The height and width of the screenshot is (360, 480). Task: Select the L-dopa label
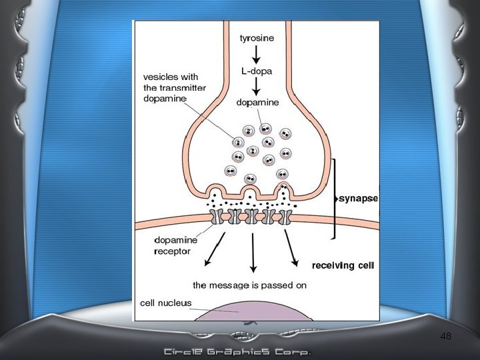255,70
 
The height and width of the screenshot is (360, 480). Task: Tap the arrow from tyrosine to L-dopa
255,54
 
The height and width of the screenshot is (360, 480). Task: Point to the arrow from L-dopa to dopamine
255,86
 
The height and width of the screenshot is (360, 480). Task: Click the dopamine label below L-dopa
257,103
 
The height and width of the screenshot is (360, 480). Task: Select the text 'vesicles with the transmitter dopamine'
174,88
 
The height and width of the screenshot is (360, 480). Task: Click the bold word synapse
359,198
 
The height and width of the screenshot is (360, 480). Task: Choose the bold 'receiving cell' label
343,265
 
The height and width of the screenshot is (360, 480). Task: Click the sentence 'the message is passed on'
249,285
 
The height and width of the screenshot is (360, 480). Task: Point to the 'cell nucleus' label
165,303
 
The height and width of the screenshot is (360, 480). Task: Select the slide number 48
446,337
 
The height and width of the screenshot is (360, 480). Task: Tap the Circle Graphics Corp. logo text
238,351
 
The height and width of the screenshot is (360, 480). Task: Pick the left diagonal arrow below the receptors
216,246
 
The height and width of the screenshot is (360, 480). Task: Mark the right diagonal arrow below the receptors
291,246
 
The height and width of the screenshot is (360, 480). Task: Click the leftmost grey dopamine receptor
218,216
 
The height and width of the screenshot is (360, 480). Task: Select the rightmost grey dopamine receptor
285,216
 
